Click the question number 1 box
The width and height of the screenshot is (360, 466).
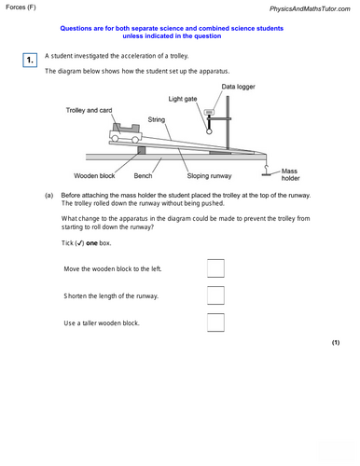[x=30, y=61]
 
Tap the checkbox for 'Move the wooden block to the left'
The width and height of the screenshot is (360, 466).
[x=215, y=268]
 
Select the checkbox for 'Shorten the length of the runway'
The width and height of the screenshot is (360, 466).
[x=215, y=295]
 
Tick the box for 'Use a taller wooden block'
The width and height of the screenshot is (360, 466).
[x=215, y=322]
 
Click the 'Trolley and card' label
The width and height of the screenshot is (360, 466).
[x=90, y=110]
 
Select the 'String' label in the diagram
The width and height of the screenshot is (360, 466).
[x=156, y=119]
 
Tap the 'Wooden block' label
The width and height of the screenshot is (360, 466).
[x=95, y=175]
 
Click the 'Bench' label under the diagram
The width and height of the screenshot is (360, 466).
[x=143, y=175]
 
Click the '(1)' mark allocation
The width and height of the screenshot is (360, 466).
[x=336, y=343]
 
